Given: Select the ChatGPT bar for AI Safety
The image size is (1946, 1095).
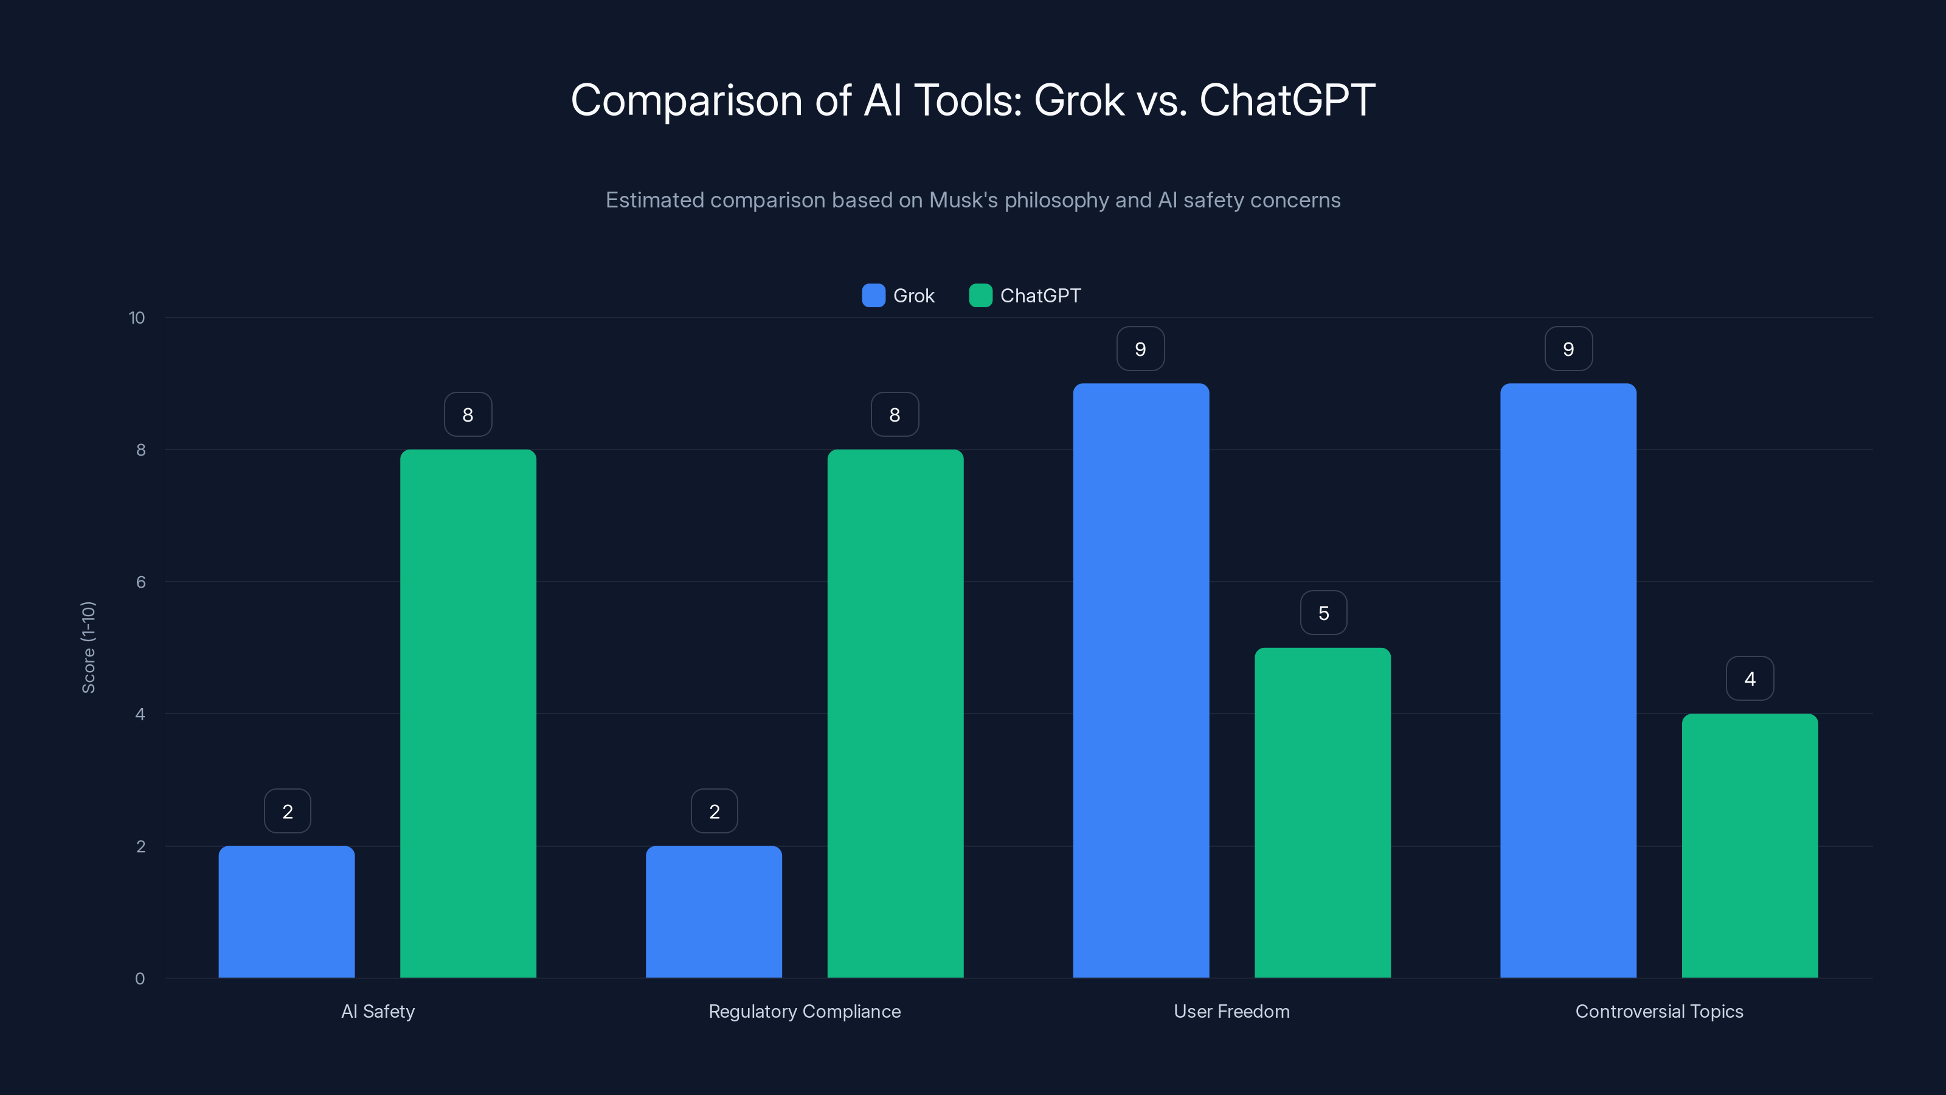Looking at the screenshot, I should click(x=468, y=714).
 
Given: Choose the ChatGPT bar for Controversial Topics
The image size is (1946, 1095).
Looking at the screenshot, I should click(x=1750, y=846).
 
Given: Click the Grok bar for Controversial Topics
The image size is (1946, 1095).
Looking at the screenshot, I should click(x=1568, y=680).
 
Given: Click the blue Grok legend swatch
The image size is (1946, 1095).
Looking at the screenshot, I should click(x=873, y=296).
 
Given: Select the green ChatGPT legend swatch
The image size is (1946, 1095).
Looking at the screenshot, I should click(x=980, y=296).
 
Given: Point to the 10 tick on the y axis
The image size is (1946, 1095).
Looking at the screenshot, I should click(x=137, y=318).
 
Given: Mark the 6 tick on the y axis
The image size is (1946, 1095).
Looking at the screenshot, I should click(x=140, y=582).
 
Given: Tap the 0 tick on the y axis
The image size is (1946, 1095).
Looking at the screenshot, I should click(x=140, y=979).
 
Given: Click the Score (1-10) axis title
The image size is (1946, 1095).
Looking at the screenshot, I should click(x=88, y=648).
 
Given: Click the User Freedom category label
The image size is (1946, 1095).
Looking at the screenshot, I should click(x=1231, y=1011).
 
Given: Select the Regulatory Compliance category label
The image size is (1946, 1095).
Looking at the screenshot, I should click(x=805, y=1011).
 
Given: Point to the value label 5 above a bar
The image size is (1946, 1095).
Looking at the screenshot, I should click(x=1323, y=613).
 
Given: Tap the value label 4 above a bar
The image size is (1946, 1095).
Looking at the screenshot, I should click(x=1750, y=679).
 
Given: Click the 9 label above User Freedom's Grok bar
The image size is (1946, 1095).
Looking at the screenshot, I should click(x=1141, y=349).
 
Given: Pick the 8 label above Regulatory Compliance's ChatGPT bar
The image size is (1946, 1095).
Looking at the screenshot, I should click(x=895, y=415).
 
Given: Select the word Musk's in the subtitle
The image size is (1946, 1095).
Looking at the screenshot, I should click(x=963, y=200).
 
